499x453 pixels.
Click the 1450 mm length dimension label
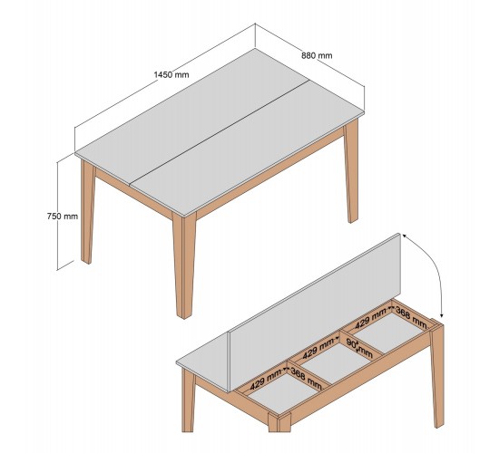171,74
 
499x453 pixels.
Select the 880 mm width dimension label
317,55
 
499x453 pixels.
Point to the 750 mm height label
63,217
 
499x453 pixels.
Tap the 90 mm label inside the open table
359,348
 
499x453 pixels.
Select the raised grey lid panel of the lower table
315,313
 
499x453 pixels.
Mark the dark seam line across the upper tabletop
220,132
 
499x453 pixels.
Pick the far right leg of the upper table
351,170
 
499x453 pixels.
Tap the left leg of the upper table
87,211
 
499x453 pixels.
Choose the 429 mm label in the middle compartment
318,349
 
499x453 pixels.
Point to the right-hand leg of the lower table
436,377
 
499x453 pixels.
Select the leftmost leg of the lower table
189,400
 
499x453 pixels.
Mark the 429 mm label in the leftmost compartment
267,379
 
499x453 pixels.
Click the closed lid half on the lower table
203,359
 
